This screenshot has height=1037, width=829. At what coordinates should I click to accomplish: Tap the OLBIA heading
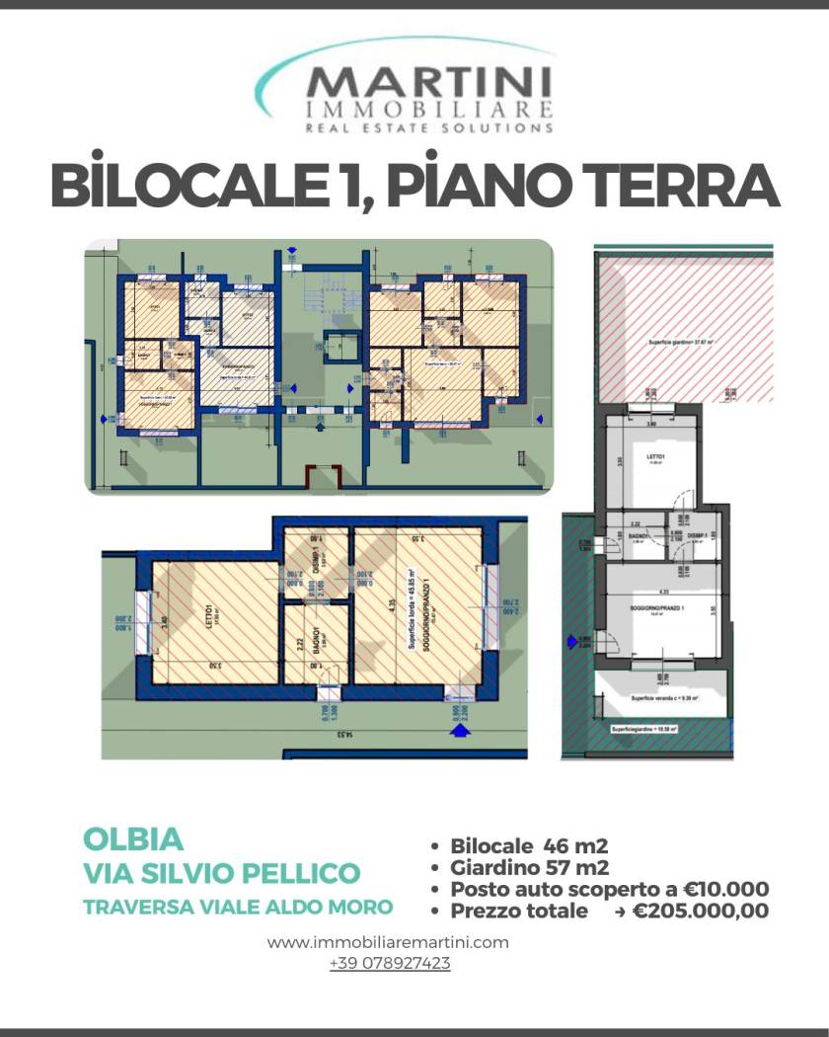[133, 839]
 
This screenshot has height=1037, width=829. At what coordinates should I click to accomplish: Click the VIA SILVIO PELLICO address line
[221, 873]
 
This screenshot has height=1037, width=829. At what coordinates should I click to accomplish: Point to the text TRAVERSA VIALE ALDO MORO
[238, 907]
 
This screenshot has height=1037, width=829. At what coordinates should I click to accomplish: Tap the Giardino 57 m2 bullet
[529, 868]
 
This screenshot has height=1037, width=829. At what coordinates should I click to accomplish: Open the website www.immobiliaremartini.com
[388, 942]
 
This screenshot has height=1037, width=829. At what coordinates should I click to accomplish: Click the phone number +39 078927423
[390, 963]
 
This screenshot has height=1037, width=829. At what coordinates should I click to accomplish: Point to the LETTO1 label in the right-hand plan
[655, 457]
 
